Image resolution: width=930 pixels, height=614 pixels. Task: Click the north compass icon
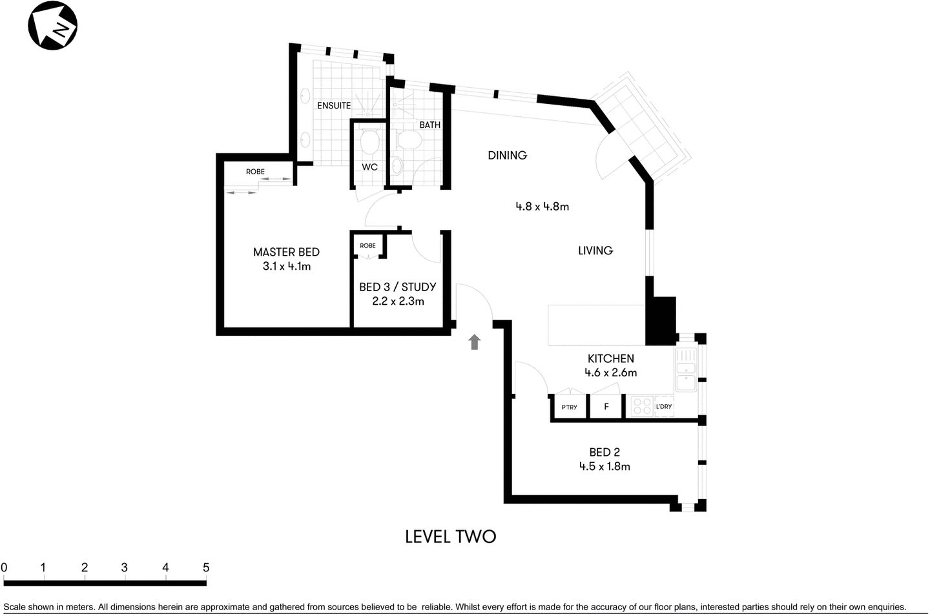coord(52,26)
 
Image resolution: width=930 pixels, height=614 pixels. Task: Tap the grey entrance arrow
coord(475,342)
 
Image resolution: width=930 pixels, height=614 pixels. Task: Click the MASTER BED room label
coord(286,252)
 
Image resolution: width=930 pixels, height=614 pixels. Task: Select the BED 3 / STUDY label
coord(397,287)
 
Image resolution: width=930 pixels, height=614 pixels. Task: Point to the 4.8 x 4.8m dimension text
coord(542,207)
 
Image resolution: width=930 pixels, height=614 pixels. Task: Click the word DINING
coord(507,155)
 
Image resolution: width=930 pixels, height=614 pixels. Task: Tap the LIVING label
coord(595,251)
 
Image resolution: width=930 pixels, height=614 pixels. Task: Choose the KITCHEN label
coord(610,358)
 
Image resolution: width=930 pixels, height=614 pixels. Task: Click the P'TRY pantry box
coord(569,407)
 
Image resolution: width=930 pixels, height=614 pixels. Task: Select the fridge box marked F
coord(606,407)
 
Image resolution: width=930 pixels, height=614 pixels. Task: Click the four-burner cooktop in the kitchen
coord(642,406)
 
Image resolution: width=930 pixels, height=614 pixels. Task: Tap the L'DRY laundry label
coord(664,407)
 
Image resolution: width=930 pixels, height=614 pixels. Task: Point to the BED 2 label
coord(604,453)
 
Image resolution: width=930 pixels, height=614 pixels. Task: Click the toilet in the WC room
coord(369,141)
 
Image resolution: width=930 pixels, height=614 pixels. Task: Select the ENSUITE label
coord(334,105)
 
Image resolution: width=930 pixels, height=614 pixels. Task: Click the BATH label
coord(429,125)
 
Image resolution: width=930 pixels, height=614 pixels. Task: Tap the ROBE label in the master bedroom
coord(255,172)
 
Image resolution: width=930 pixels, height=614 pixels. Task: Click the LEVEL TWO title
coord(450,537)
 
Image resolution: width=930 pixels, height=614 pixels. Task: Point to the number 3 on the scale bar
coord(124,568)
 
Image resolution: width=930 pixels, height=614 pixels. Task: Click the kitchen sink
coord(686,374)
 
